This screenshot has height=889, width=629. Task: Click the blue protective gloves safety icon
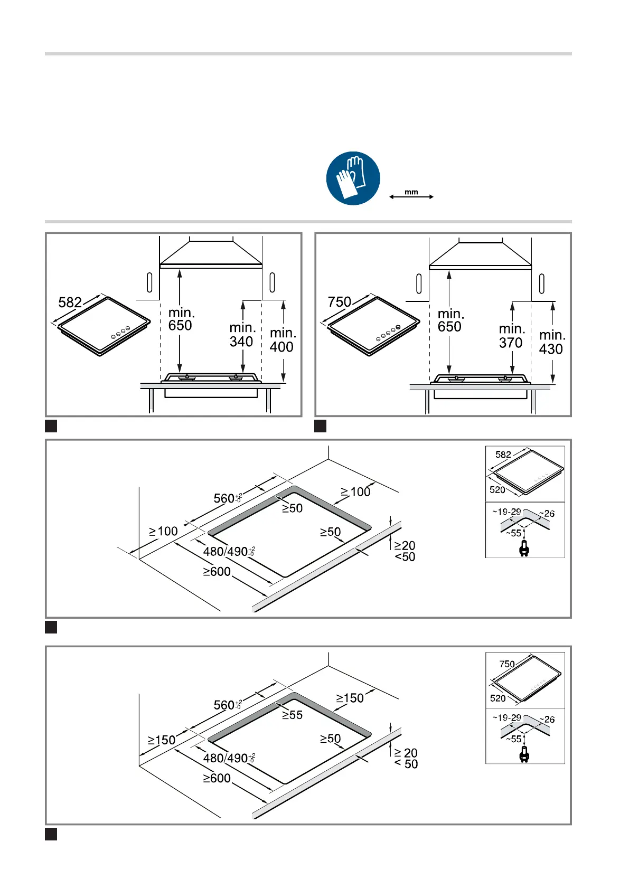pos(353,178)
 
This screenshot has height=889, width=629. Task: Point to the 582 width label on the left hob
pos(70,302)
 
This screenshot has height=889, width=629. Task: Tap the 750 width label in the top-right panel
pos(339,302)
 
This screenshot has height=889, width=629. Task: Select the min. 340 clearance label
pos(242,335)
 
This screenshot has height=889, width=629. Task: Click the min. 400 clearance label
pos(283,340)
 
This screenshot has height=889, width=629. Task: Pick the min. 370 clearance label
pos(511,336)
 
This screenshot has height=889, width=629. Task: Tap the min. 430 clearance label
pos(551,342)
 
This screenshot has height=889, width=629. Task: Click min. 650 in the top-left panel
pos(181,319)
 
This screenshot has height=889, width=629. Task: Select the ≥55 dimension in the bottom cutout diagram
pos(292,715)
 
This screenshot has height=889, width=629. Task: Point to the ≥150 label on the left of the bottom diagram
pos(162,740)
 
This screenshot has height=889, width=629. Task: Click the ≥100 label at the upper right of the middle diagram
pos(355,492)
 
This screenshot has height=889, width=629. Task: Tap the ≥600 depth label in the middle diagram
pos(217,572)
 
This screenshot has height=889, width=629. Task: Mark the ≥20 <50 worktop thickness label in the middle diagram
pos(405,551)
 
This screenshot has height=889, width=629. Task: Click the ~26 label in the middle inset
pos(547,514)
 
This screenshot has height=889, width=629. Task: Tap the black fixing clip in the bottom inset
pos(524,755)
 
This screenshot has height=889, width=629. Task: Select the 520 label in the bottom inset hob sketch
pos(497,698)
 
